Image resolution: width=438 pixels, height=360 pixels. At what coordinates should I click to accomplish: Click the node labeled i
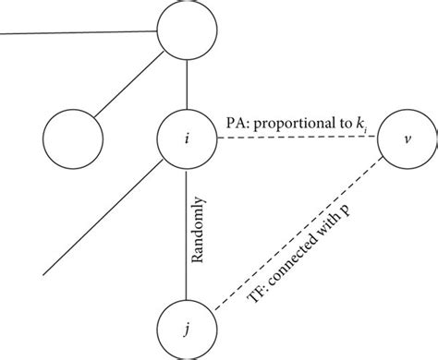[188, 139]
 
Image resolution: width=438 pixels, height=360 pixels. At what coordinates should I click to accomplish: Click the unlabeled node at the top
[188, 30]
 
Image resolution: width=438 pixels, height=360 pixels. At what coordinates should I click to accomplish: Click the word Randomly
[201, 235]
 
